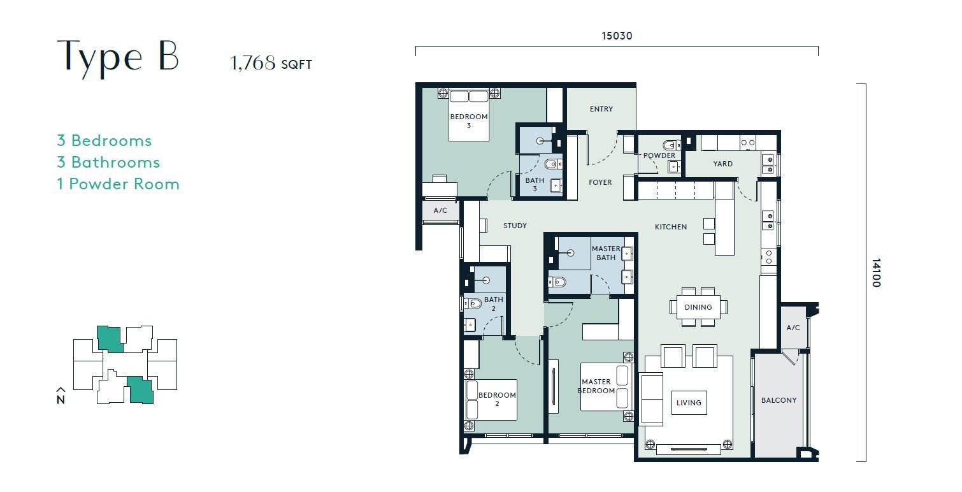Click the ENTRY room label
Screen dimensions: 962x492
[x=601, y=109]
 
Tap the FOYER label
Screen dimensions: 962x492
[x=600, y=182]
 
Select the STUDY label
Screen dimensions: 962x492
[x=515, y=226]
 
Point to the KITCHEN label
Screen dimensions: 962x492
[x=670, y=227]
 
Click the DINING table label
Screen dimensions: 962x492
[x=698, y=307]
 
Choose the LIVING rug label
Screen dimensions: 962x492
[x=689, y=403]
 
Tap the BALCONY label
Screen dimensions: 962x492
[x=779, y=400]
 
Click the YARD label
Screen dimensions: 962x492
[x=723, y=164]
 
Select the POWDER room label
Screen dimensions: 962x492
[x=659, y=156]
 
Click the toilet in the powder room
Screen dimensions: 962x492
[x=671, y=145]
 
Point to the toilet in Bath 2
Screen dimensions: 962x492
[x=473, y=304]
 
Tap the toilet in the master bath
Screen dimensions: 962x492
[x=557, y=282]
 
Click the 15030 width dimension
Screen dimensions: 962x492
[x=617, y=36]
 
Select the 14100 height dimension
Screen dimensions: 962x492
[x=876, y=272]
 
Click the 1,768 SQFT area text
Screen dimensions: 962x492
[x=271, y=63]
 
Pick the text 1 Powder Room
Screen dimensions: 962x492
[x=118, y=184]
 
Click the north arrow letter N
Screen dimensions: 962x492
[x=61, y=400]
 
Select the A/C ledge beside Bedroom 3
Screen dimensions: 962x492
[x=440, y=210]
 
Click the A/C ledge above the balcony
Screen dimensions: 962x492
[x=793, y=328]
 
